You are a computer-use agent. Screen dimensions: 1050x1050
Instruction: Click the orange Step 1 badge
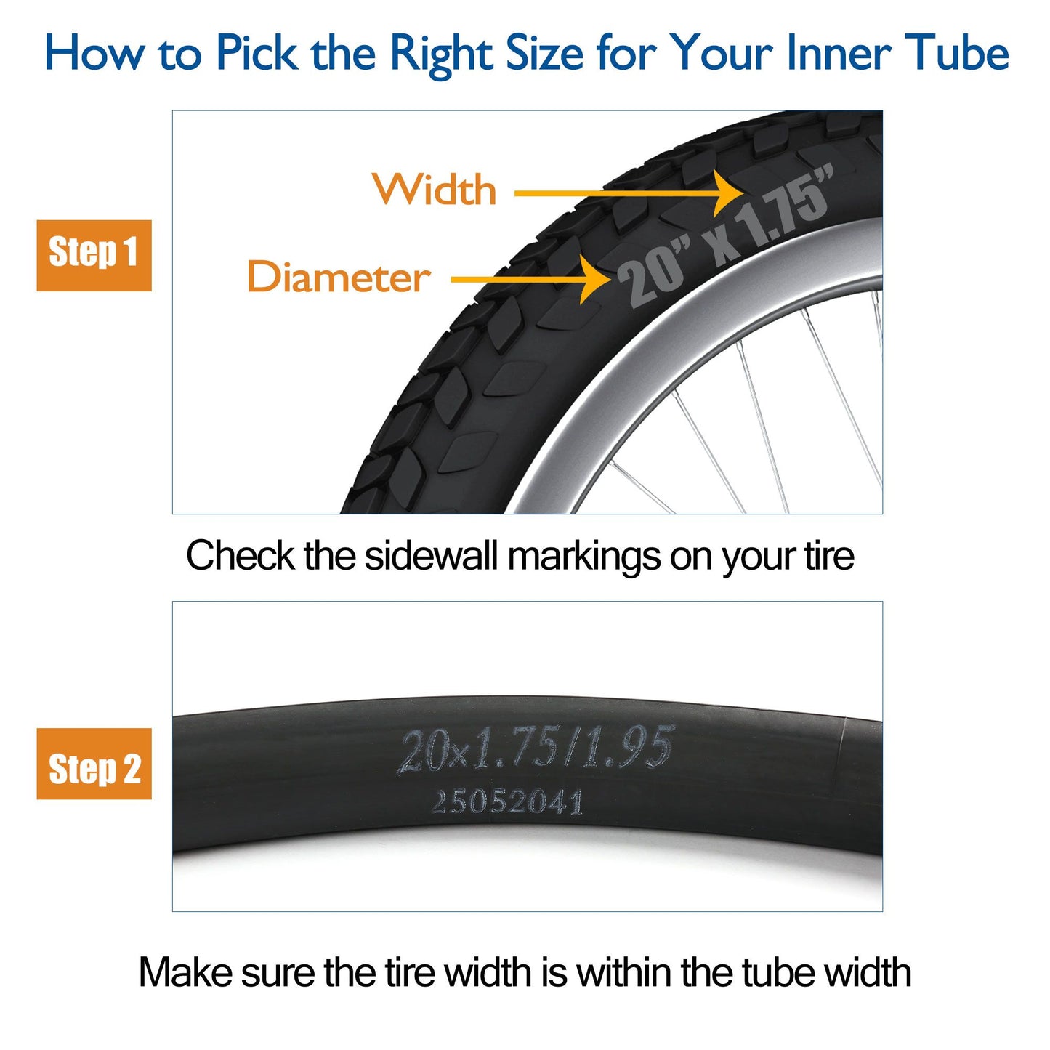click(x=94, y=255)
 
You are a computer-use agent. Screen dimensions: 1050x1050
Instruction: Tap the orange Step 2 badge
click(x=94, y=764)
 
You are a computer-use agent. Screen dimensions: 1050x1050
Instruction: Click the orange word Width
click(x=435, y=189)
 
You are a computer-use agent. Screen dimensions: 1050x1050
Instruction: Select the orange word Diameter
click(x=339, y=276)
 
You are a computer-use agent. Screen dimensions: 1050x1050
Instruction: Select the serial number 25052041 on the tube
click(x=508, y=802)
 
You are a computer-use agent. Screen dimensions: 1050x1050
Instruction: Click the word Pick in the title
click(x=257, y=53)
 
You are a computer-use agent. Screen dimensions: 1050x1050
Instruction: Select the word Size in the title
click(x=544, y=53)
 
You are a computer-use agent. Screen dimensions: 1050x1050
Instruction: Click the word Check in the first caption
click(x=240, y=556)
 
